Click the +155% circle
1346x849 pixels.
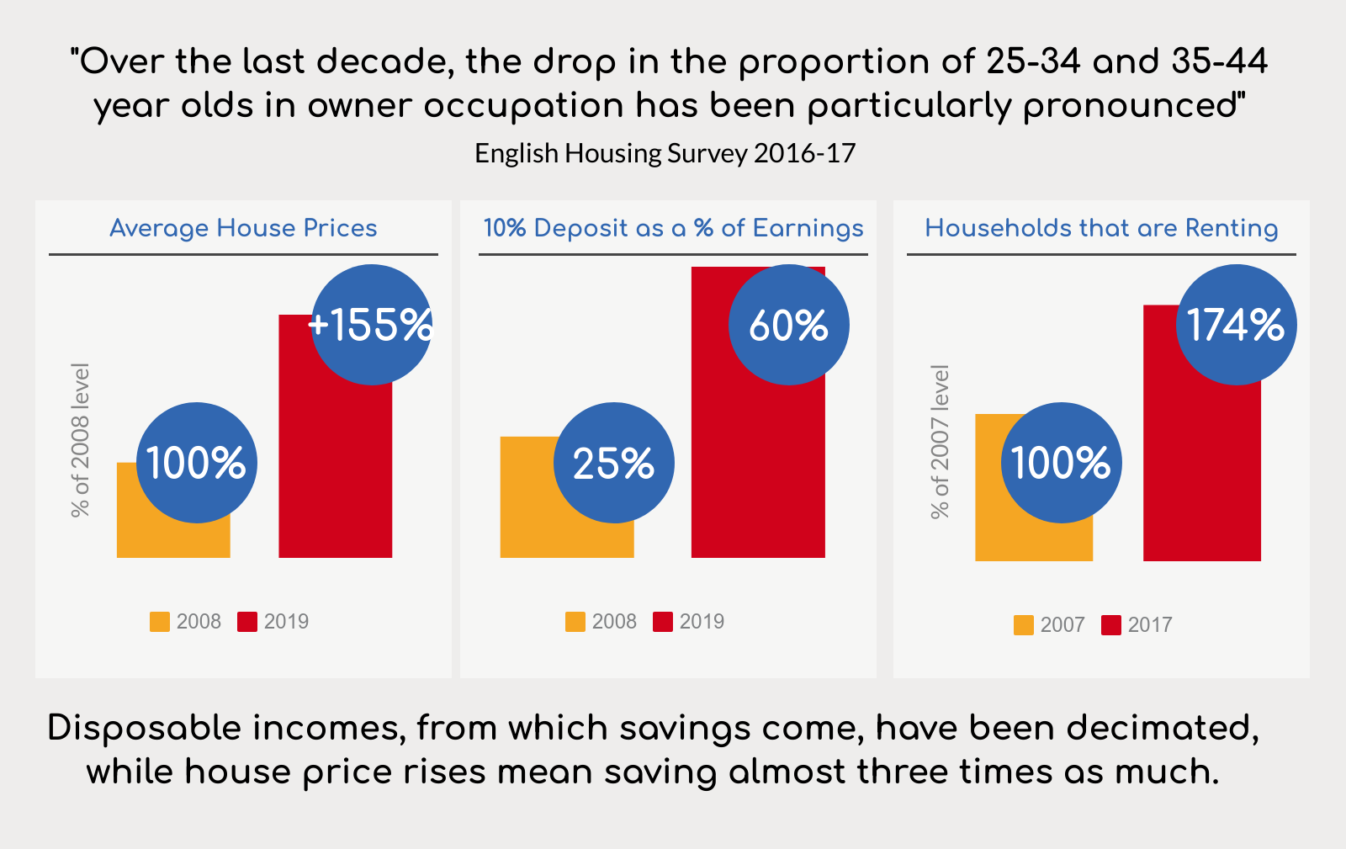pyautogui.click(x=372, y=325)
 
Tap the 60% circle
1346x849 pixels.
pyautogui.click(x=788, y=325)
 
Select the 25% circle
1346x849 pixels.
pyautogui.click(x=614, y=463)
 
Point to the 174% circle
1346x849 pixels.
pyautogui.click(x=1236, y=325)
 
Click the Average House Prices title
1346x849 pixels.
pyautogui.click(x=243, y=228)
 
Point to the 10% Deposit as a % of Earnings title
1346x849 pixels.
pyautogui.click(x=673, y=228)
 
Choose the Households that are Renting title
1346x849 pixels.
pyautogui.click(x=1101, y=228)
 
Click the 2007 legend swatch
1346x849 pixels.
pyautogui.click(x=1024, y=625)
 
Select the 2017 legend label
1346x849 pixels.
pyautogui.click(x=1150, y=625)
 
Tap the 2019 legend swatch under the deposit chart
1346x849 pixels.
pyautogui.click(x=663, y=622)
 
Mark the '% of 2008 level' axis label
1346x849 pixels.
pyautogui.click(x=80, y=440)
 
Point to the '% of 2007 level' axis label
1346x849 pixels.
pyautogui.click(x=940, y=442)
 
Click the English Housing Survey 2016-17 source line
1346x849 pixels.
pyautogui.click(x=665, y=153)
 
